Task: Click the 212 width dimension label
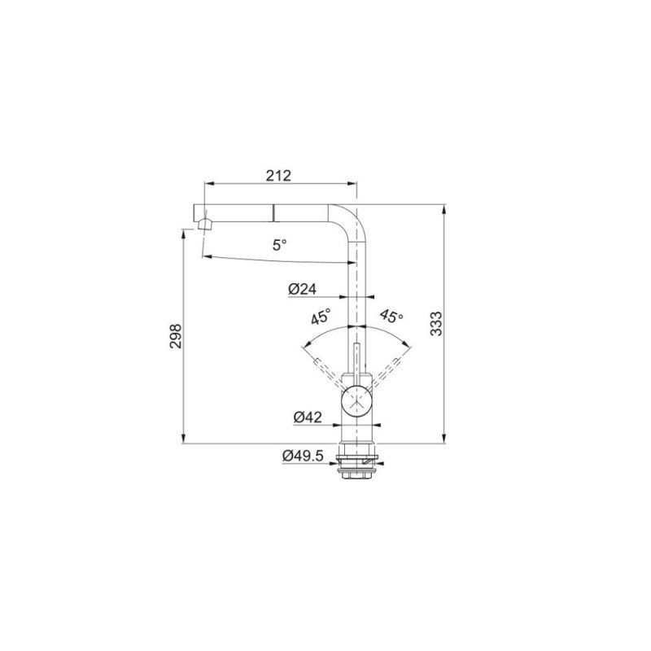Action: tap(278, 176)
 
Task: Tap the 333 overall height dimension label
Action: tap(436, 323)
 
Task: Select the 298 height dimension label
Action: tap(176, 336)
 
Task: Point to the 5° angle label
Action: tap(279, 245)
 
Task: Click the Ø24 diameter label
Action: tap(302, 289)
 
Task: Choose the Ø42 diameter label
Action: tap(308, 417)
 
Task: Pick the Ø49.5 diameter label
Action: tap(303, 456)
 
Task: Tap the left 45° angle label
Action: tap(321, 316)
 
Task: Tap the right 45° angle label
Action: tap(391, 316)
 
